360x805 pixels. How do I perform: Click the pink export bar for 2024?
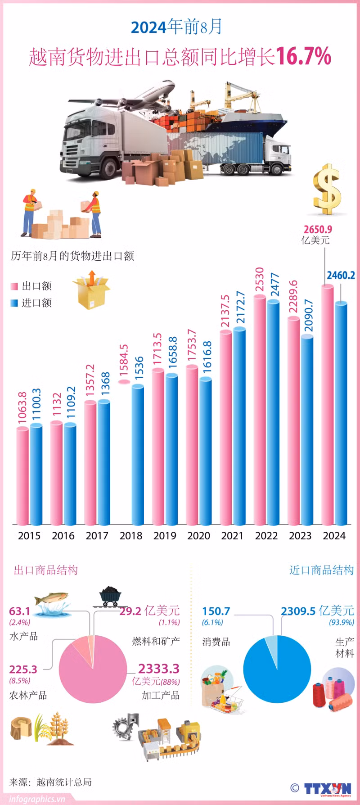pos(328,405)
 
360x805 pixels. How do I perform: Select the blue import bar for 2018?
pos(138,455)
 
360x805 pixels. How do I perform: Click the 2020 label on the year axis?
pos(198,536)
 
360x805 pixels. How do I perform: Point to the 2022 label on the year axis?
pos(266,536)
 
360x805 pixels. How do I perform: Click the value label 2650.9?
pos(318,230)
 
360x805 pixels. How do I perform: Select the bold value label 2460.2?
pos(341,275)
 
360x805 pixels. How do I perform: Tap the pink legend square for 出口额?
pos(14,286)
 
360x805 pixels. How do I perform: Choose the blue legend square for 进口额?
pos(14,303)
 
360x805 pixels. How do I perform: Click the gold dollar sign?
pos(327,189)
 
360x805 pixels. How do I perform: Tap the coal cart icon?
pos(109,597)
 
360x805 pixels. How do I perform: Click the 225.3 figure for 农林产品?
pos(23,669)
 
